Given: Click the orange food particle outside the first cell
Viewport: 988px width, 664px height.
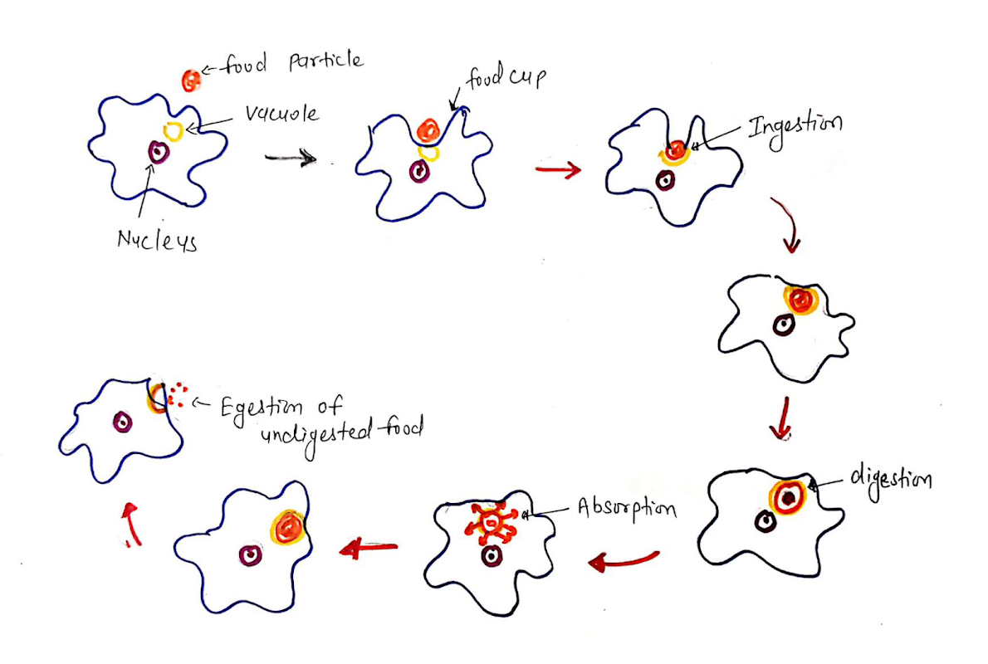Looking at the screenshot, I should pos(191,81).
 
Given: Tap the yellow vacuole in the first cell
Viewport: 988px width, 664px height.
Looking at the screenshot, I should pos(174,129).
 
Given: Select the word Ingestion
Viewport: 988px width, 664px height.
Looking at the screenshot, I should pos(795,125).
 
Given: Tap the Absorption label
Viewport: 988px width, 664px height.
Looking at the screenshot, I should pos(627,507).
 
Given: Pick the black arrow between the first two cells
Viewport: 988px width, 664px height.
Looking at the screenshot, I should pos(290,158).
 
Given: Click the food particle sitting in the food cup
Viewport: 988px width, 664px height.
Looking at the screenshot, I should pos(428,129).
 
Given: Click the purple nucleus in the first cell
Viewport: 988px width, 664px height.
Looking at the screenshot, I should pos(158,152).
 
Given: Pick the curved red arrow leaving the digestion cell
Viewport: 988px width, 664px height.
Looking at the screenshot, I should pos(624,562).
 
